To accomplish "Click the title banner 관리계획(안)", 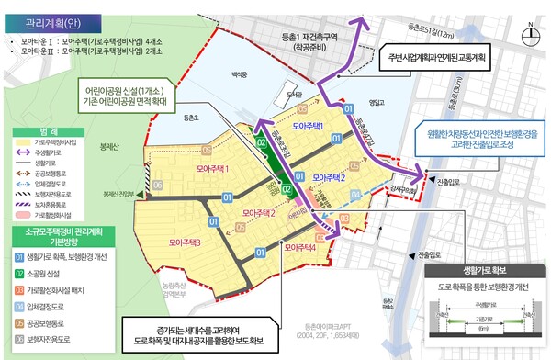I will pyautogui.click(x=44, y=19).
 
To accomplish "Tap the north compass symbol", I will pyautogui.click(x=530, y=37).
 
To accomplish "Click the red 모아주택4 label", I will pyautogui.click(x=301, y=247).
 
